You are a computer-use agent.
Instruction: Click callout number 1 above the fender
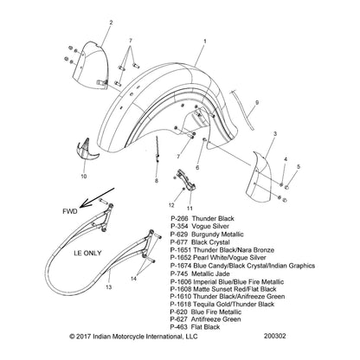[x=205, y=42]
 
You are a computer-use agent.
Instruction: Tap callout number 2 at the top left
[x=112, y=22]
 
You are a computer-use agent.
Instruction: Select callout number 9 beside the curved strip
[x=257, y=102]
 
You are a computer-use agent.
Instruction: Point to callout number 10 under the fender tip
[x=84, y=177]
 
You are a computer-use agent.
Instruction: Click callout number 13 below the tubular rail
[x=109, y=287]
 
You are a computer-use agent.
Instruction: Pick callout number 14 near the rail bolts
[x=133, y=279]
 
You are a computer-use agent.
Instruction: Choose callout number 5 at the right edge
[x=299, y=166]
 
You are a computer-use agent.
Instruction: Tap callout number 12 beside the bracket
[x=171, y=205]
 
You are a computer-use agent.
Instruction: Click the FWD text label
[x=70, y=211]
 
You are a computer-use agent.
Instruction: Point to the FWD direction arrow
[x=97, y=197]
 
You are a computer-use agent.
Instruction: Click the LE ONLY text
[x=87, y=254]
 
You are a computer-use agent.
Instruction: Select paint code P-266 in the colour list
[x=179, y=218]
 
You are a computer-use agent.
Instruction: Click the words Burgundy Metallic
[x=217, y=235]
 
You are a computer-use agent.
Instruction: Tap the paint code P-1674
[x=181, y=266]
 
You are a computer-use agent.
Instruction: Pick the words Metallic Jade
[x=210, y=273]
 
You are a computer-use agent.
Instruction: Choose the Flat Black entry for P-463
[x=205, y=327]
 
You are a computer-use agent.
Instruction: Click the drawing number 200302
[x=274, y=336]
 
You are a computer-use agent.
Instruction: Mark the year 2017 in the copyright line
[x=84, y=337]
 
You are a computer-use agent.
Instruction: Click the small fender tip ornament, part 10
[x=87, y=151]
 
